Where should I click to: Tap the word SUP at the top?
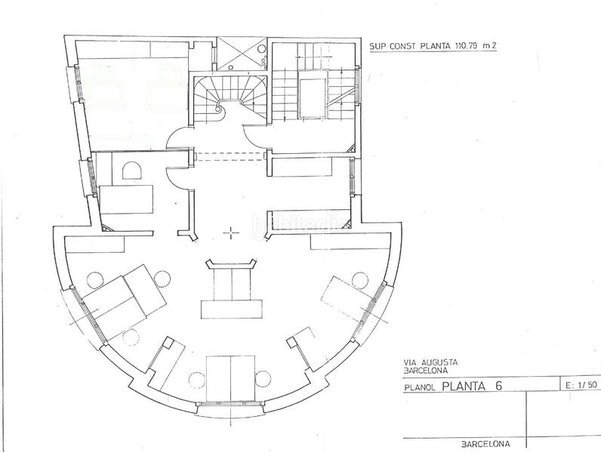point(378,45)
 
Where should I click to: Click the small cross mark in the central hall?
point(230,234)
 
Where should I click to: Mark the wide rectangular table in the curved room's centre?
point(232,308)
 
